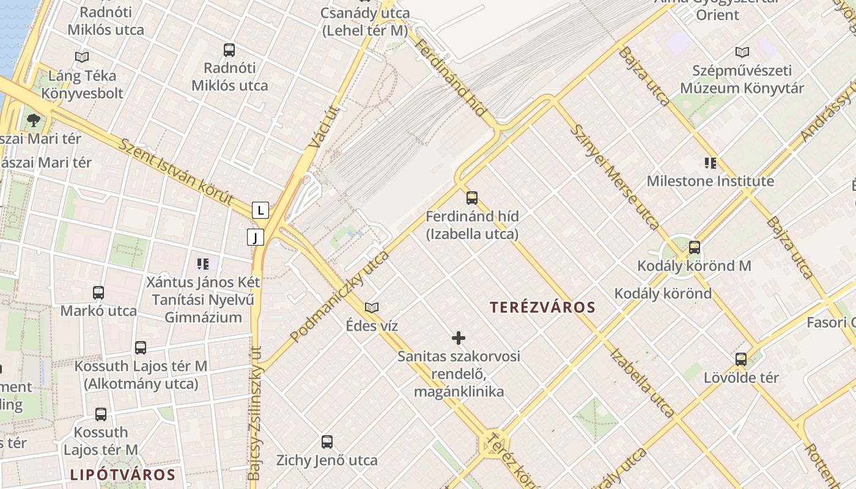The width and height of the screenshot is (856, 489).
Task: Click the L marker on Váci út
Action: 261,211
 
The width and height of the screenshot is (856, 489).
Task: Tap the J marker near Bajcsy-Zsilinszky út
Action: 256,237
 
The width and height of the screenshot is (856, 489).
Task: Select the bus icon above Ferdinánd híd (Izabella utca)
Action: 471,197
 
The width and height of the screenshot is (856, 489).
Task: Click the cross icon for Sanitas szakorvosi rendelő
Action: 459,337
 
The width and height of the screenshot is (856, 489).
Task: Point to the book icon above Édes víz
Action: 371,307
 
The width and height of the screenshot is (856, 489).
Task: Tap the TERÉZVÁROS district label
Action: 542,307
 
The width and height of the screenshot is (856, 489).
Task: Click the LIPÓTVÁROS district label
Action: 122,474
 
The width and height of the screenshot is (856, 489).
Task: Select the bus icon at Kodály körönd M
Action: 695,248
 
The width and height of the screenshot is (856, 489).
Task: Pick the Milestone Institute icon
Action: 710,163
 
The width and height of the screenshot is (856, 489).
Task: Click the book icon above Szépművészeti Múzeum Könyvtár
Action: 742,53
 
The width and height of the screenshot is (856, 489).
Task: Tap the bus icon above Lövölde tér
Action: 741,359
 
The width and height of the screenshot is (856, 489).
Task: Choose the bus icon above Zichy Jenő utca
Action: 327,441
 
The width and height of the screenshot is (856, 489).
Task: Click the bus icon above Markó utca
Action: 98,292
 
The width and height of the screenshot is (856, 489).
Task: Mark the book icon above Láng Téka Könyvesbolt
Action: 82,57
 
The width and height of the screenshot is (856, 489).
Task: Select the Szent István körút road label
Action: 176,172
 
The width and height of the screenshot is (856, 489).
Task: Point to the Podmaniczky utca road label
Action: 339,296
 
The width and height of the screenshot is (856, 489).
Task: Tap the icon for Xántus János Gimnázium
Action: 203,264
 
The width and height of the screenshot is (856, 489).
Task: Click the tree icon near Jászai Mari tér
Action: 34,120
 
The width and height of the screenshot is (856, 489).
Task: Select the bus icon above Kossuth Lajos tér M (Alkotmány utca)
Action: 141,347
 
